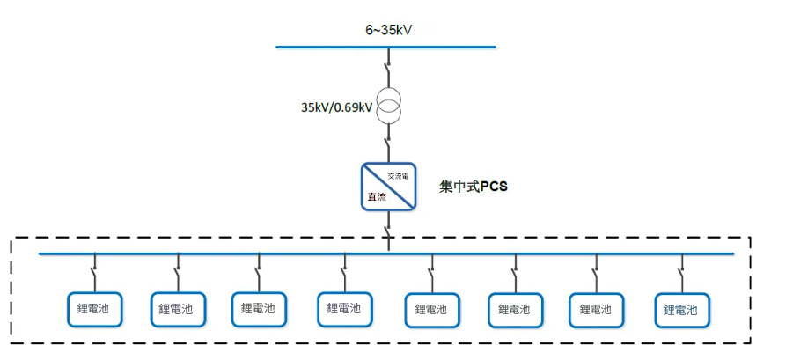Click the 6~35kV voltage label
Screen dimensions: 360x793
pos(389,30)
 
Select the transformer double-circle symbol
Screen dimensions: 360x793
pos(388,107)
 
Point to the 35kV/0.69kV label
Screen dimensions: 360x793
pos(336,107)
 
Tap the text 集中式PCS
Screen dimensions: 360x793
pos(474,187)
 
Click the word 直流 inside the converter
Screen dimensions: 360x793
pos(377,196)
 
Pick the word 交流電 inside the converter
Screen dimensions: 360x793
pos(399,176)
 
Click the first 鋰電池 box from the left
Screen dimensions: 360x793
pos(94,308)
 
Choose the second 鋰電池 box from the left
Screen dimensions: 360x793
pos(177,309)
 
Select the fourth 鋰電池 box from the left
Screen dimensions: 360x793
pos(344,308)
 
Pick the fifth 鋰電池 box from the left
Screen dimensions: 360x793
pos(430,309)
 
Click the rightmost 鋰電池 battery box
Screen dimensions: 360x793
pos(681,310)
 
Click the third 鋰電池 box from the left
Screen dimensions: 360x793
pos(259,308)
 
